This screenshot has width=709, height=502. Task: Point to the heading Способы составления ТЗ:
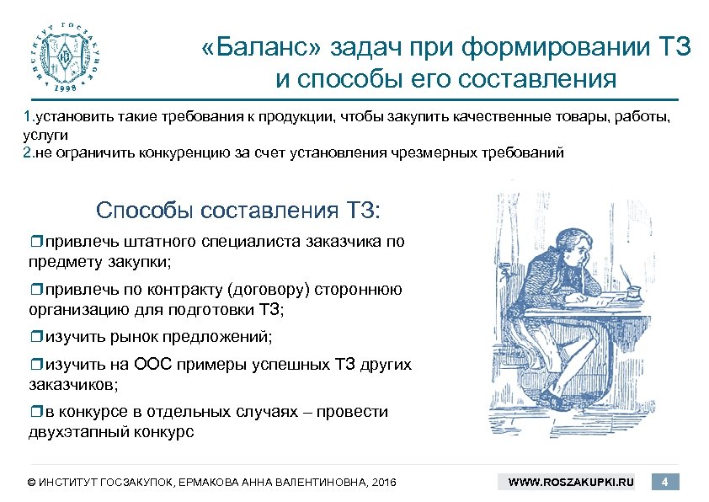(x=239, y=209)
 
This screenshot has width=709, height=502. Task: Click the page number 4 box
(x=665, y=482)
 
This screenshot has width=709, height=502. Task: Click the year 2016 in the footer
(x=381, y=483)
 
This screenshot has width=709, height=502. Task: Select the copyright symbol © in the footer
(x=32, y=483)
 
